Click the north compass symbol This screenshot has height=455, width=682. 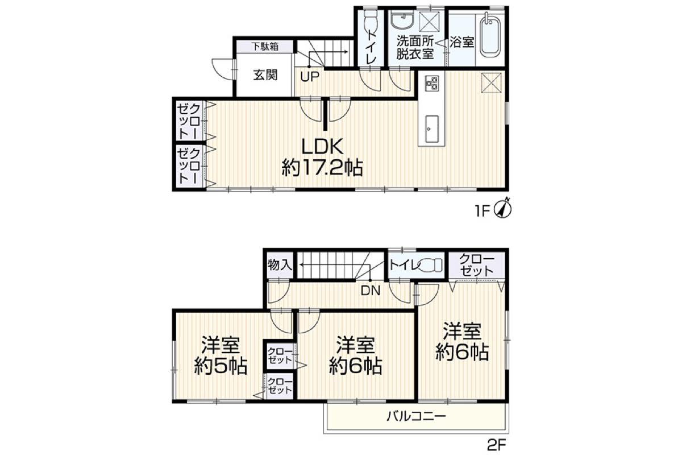(505, 208)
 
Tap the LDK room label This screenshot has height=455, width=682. (322, 147)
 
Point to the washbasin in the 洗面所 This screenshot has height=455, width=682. (402, 20)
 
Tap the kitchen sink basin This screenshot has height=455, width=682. (432, 129)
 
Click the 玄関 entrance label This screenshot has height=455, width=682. (265, 75)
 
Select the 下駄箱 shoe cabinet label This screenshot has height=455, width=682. (265, 47)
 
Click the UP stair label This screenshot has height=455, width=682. (310, 77)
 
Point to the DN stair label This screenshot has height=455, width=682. (371, 291)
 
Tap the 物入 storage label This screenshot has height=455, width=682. (280, 265)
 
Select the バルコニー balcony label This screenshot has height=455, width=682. (416, 416)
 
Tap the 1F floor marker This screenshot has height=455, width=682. (483, 211)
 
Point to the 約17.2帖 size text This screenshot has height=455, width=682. (322, 168)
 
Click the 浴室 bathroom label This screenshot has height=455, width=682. (462, 42)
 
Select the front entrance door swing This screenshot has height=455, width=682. (223, 69)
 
